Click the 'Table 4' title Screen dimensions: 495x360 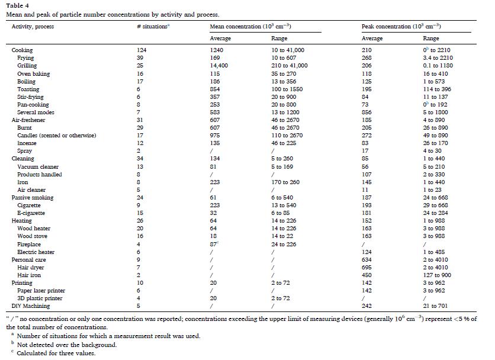[17, 5]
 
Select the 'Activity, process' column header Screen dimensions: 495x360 [33, 27]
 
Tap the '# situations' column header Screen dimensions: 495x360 [153, 27]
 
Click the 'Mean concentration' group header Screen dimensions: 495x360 [250, 26]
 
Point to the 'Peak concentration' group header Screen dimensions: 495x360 [401, 26]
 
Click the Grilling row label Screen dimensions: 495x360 [27, 66]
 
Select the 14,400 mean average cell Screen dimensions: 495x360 [218, 66]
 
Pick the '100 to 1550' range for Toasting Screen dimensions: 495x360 [287, 89]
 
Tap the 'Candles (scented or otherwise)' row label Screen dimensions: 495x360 [57, 136]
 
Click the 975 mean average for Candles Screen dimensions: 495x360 [215, 136]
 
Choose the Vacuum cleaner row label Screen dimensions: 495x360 [38, 167]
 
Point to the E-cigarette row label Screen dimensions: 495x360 [31, 213]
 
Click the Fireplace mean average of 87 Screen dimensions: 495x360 [213, 244]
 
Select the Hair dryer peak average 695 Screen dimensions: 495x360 [367, 268]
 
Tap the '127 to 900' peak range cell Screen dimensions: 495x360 [437, 275]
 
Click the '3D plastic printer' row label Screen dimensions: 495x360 [40, 298]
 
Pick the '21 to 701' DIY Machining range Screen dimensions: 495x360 [435, 306]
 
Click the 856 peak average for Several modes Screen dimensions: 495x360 [367, 112]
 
